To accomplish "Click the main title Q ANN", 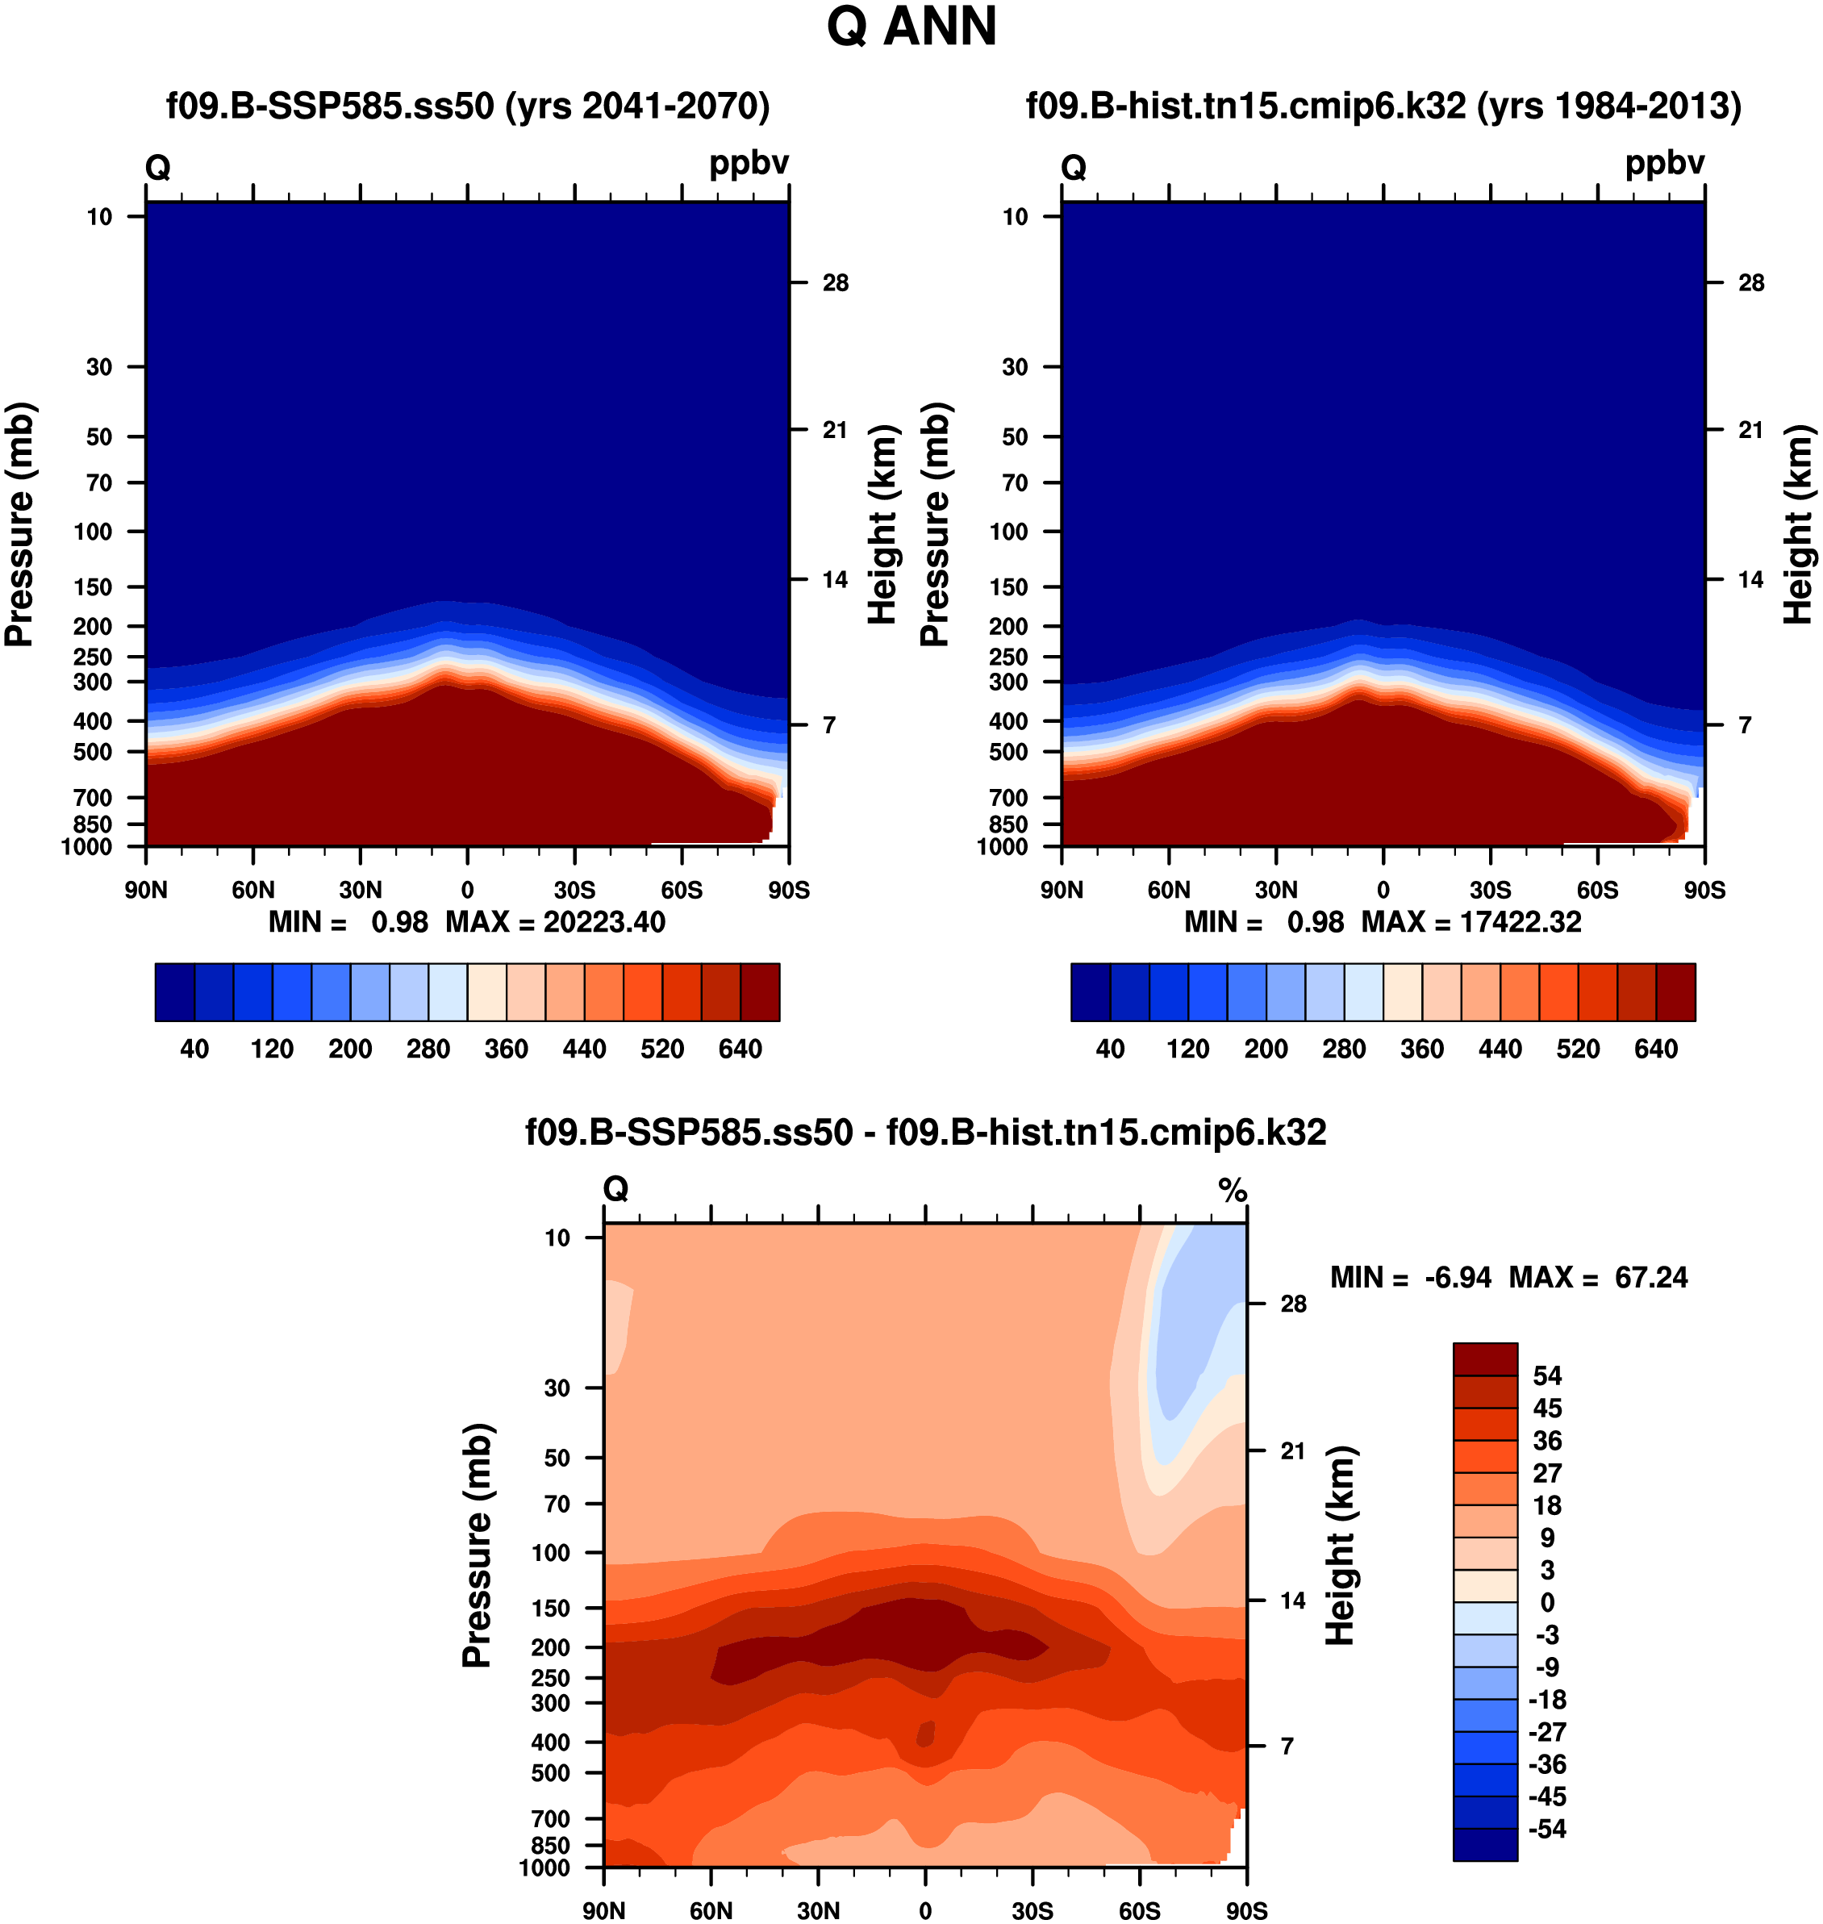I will coord(911,27).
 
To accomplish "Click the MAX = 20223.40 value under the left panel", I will coord(555,922).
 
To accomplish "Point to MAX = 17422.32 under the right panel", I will coord(1471,922).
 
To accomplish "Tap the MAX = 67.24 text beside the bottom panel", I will coord(1599,1277).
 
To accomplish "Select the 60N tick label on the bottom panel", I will coord(711,1910).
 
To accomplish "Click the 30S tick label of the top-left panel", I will coord(574,890).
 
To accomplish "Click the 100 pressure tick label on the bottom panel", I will coord(550,1553).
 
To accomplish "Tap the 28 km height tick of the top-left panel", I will coord(835,283).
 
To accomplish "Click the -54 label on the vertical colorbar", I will coord(1547,1829).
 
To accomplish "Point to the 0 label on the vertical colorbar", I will coord(1547,1602).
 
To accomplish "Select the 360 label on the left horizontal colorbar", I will coord(507,1050).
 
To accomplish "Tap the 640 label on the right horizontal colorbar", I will coord(1656,1050).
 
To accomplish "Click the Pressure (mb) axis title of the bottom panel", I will coord(478,1546).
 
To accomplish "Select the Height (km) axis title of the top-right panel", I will coord(1799,524).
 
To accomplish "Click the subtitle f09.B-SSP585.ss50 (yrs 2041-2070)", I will coord(467,105).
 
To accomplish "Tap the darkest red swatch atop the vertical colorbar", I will coord(1485,1358).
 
